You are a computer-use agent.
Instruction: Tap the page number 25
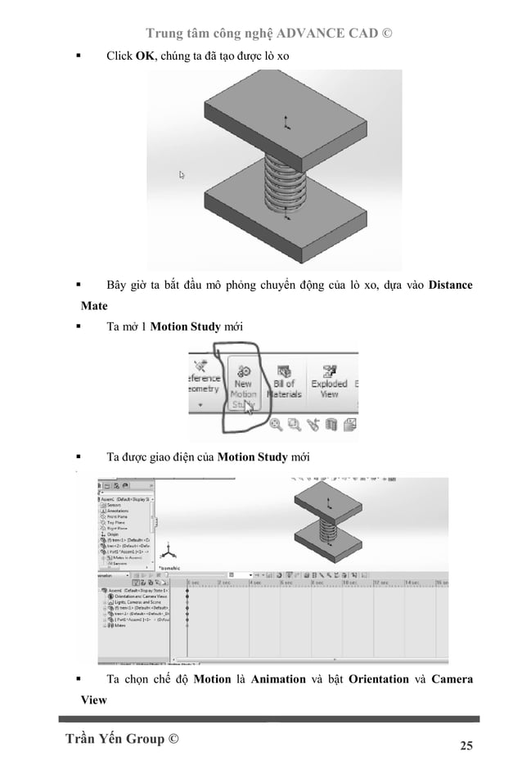466,745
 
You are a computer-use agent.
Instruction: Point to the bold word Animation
278,679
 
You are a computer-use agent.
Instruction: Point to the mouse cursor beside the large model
182,175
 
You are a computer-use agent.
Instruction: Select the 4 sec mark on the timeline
256,583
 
